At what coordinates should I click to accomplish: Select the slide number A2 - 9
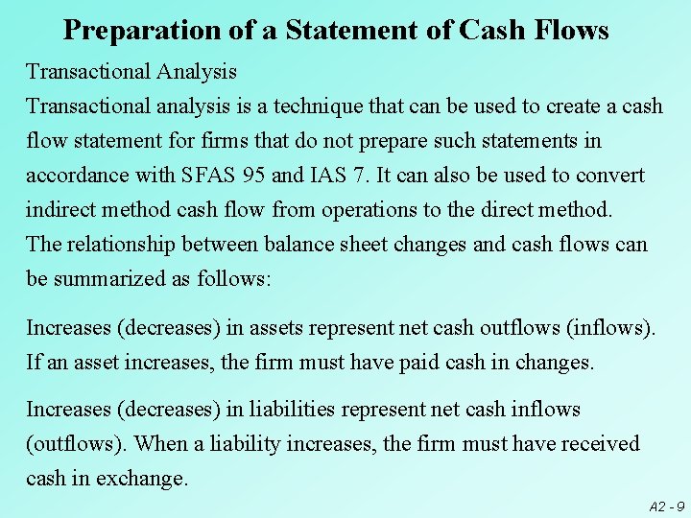pyautogui.click(x=666, y=506)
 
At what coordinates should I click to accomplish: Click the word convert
pyautogui.click(x=609, y=176)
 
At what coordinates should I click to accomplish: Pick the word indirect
pyautogui.click(x=62, y=209)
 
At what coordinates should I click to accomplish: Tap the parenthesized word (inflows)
pyautogui.click(x=611, y=328)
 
